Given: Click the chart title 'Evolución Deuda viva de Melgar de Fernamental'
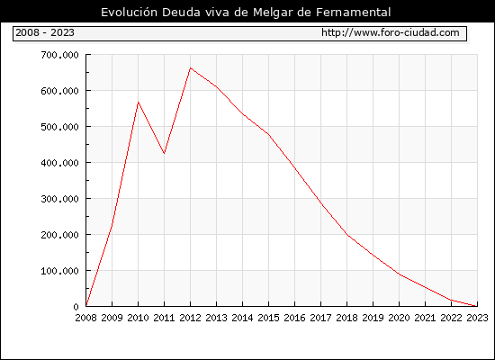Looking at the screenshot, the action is (x=246, y=13).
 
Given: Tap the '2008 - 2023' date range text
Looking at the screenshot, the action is (x=45, y=32).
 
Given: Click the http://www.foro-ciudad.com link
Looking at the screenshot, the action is (x=391, y=32).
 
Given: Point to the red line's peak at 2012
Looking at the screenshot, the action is (x=191, y=67).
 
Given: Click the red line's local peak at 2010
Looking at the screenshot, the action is (x=138, y=102).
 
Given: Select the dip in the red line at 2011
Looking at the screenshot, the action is (x=164, y=154).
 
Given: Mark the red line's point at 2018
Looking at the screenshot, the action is (x=346, y=235).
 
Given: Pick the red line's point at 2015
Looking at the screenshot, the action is (x=269, y=134).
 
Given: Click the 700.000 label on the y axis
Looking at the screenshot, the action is (x=59, y=55).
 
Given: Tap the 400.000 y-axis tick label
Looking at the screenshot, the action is (x=59, y=163).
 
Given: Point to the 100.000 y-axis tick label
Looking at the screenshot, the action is (x=59, y=271).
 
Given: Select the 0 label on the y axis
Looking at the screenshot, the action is (x=76, y=307).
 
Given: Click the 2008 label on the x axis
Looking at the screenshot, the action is (x=85, y=318).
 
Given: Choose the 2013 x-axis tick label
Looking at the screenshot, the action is (x=216, y=318).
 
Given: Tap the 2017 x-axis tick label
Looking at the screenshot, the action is (x=320, y=318).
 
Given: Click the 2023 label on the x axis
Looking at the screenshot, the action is (x=477, y=318).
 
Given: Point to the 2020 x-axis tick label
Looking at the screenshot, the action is (x=399, y=318).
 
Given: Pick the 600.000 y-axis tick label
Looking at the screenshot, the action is (x=59, y=91).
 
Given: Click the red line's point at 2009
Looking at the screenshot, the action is (x=112, y=224).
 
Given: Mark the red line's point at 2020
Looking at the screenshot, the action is (x=399, y=274).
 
